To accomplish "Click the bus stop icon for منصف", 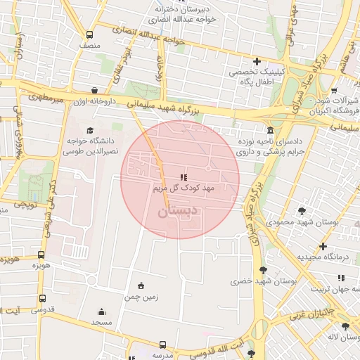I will tap(89, 34).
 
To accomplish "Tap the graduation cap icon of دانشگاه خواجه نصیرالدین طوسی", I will tap(89, 130).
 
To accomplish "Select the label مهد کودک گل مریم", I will tap(183, 188).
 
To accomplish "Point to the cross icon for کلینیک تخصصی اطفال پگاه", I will tap(257, 61).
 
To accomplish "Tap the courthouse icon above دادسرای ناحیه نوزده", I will tap(271, 130).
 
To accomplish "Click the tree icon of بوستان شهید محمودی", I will tap(302, 210).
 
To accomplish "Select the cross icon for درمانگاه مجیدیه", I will tap(323, 246).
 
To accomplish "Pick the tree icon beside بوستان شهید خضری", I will tap(264, 270).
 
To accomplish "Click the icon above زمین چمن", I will tap(141, 285).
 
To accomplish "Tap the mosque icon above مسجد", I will tap(101, 311).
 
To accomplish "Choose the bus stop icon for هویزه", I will tap(41, 255).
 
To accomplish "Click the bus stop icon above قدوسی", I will tap(43, 298).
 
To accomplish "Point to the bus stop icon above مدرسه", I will tap(163, 345).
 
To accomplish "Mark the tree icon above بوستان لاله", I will tap(345, 326).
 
